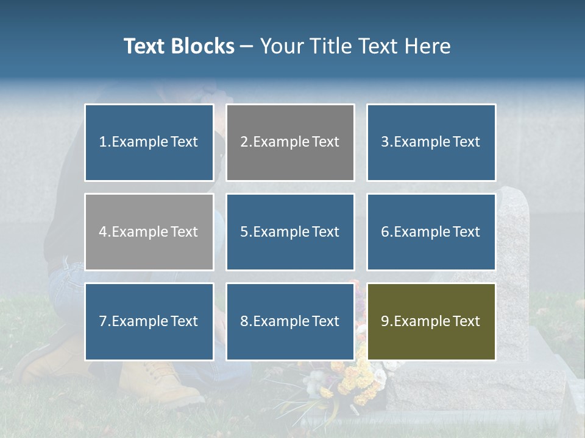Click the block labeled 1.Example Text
point(149,142)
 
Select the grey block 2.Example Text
point(290,142)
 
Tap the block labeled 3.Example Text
point(431,142)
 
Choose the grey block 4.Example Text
point(149,232)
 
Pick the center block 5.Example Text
point(290,232)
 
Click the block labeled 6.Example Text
point(431,232)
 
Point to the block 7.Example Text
point(149,321)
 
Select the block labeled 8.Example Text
point(290,321)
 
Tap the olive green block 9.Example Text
point(431,321)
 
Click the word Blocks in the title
point(204,46)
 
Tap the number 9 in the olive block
point(385,321)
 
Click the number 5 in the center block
point(244,232)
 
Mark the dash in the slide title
point(247,47)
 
